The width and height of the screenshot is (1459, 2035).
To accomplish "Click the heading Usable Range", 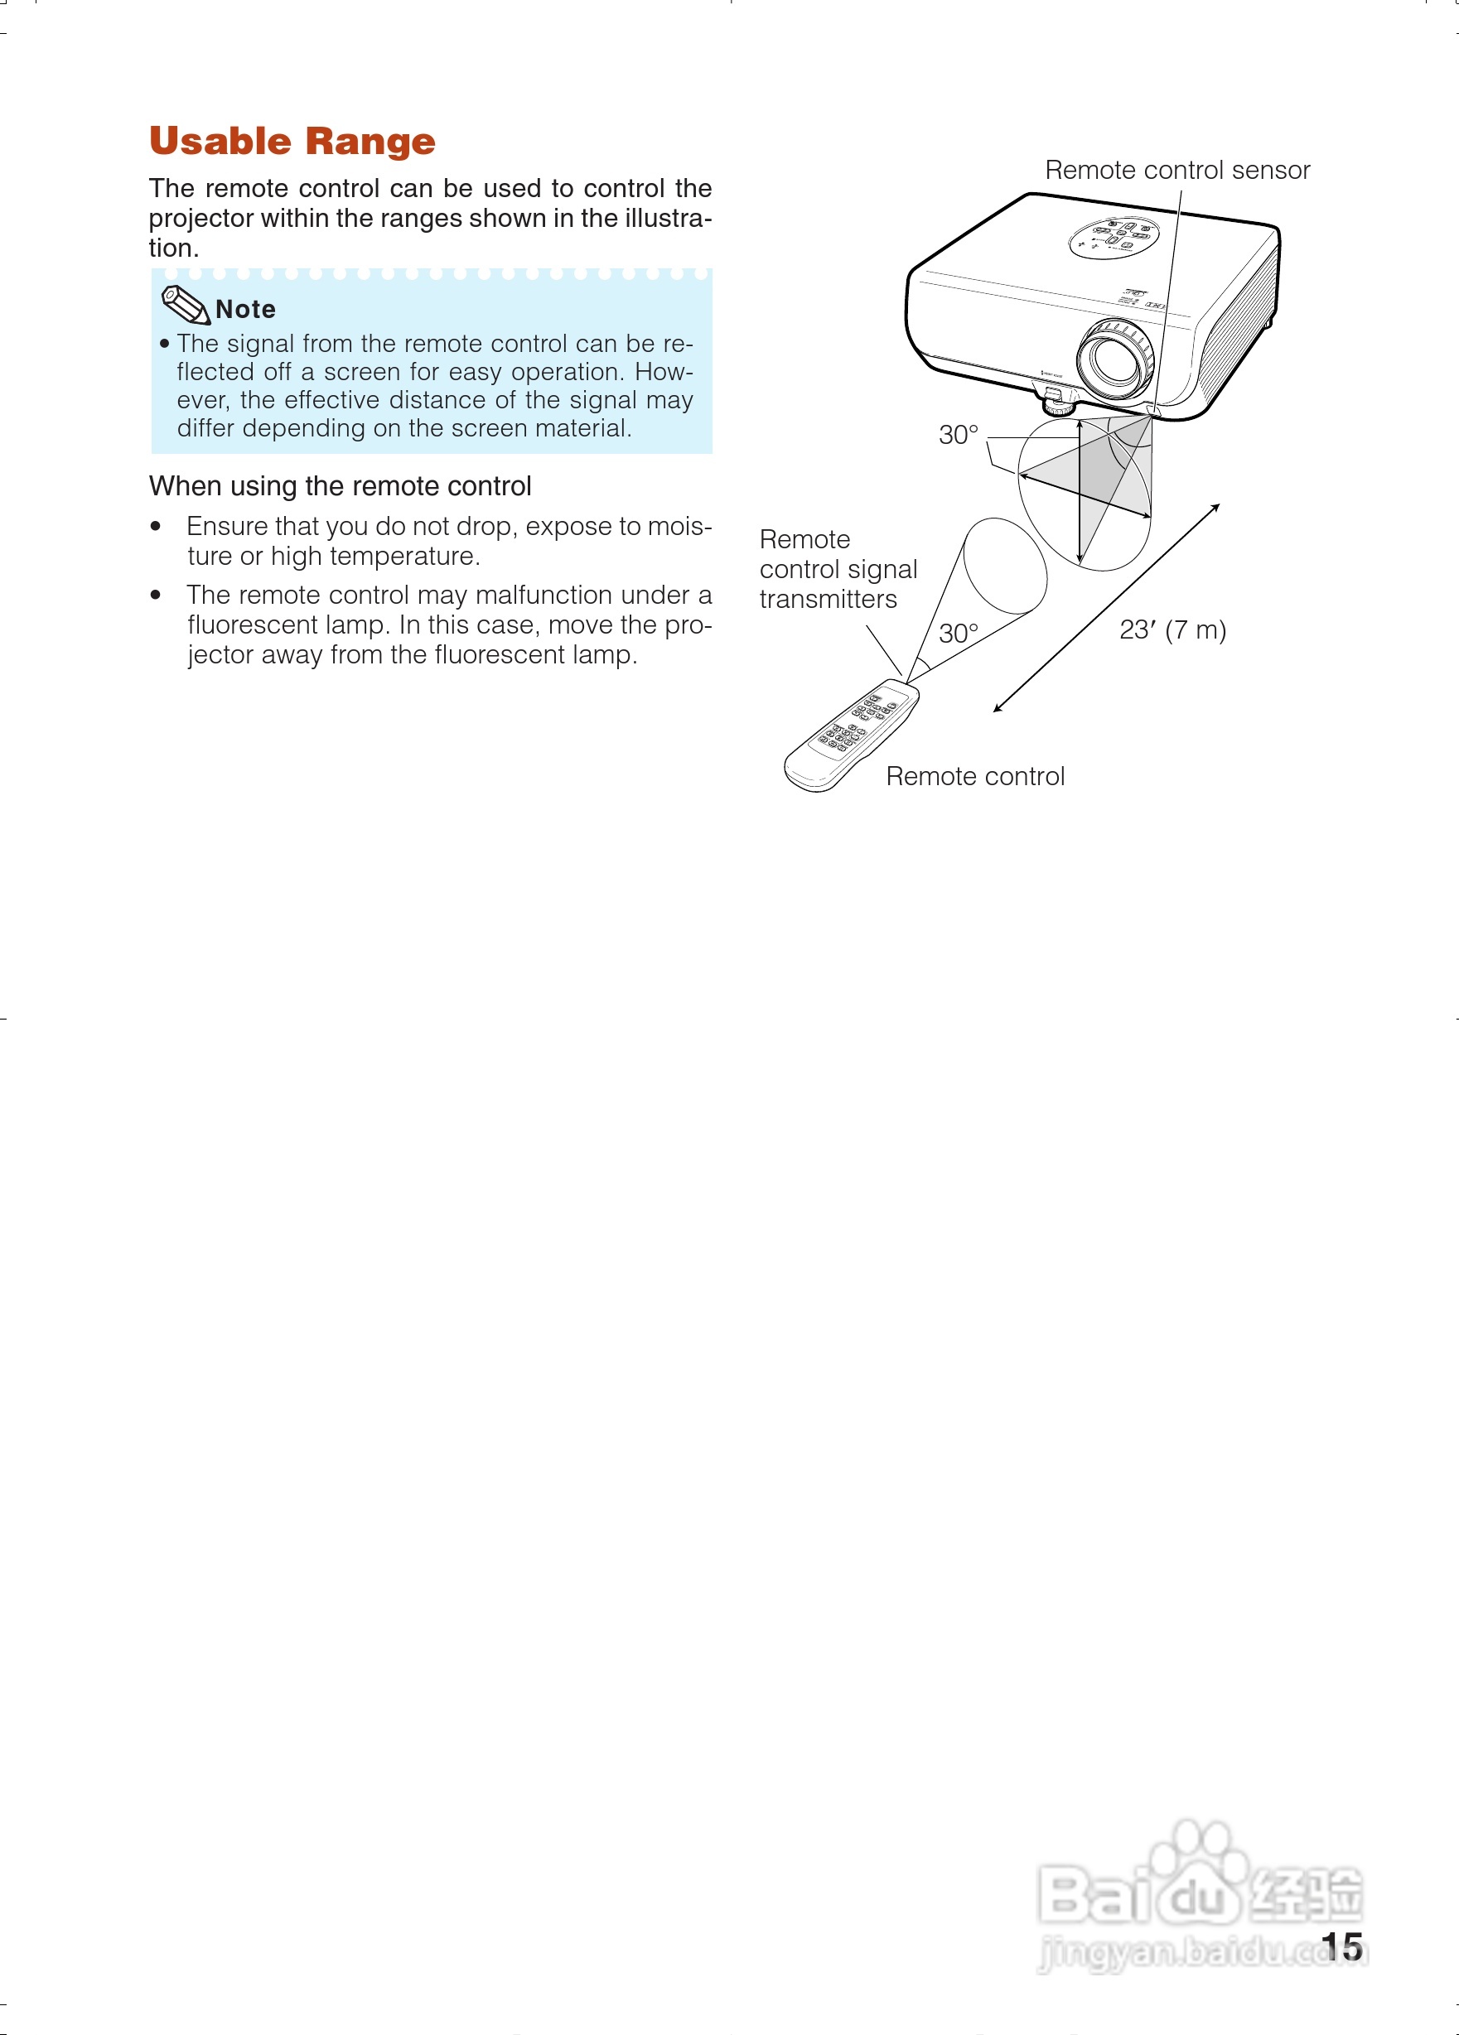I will (292, 142).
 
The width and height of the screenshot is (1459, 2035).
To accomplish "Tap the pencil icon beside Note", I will (184, 305).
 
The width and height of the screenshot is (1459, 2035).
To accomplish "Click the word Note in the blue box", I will (246, 310).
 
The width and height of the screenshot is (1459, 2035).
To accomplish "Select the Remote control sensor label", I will (1176, 171).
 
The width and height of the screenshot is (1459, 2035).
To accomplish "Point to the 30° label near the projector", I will (958, 435).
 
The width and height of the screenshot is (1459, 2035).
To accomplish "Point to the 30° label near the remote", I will (958, 634).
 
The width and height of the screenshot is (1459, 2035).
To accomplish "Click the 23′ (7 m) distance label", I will (1172, 629).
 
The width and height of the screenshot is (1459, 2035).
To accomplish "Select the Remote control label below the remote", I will (974, 776).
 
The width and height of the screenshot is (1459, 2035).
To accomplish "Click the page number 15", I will (1341, 1947).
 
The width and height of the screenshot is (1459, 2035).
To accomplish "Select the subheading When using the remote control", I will (340, 486).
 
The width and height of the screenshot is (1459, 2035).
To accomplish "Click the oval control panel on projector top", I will (1114, 237).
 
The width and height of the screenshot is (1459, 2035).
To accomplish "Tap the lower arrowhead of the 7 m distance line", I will (997, 710).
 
